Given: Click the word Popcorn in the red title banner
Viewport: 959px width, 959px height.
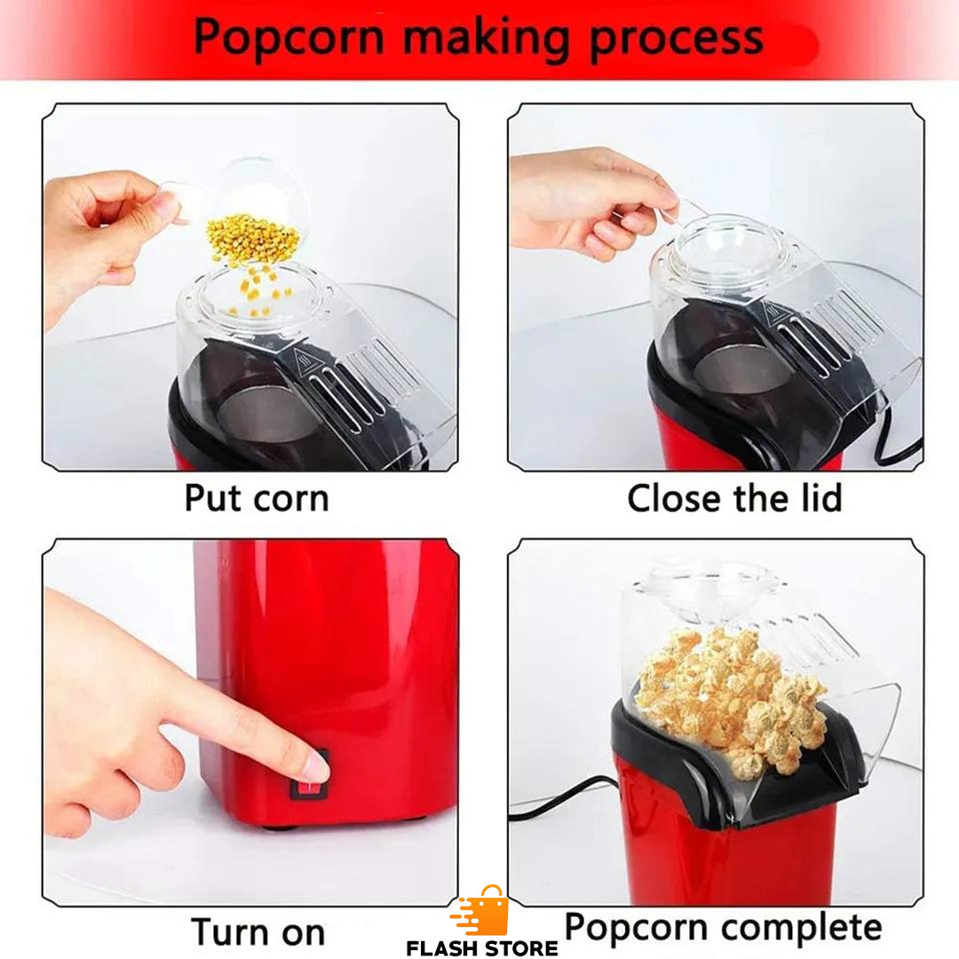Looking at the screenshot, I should click(289, 37).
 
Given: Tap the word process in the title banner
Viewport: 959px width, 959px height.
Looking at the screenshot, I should click(678, 37).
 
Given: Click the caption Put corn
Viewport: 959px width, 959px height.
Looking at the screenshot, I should click(256, 498).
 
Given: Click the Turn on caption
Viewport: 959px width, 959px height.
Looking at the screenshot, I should click(258, 932).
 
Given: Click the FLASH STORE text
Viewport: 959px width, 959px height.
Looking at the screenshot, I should click(482, 948).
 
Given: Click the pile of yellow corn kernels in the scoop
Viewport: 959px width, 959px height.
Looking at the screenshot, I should click(252, 239).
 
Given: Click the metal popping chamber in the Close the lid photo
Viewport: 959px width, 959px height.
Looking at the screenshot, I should click(741, 369).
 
